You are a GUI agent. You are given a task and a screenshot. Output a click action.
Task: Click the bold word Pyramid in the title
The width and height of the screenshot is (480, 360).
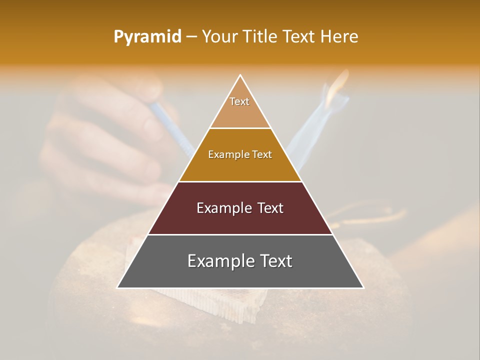pyautogui.click(x=147, y=36)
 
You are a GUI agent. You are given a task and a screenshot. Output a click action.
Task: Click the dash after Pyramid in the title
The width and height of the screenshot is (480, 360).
pyautogui.click(x=191, y=37)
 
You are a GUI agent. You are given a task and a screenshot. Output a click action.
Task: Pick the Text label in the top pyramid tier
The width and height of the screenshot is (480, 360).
pyautogui.click(x=239, y=101)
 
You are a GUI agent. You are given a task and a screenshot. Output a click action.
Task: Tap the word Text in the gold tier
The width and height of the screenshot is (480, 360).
pyautogui.click(x=262, y=154)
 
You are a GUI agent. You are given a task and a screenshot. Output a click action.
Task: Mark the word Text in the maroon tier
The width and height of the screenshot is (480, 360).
pyautogui.click(x=270, y=208)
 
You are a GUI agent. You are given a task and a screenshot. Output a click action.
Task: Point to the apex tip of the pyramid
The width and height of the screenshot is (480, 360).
pyautogui.click(x=240, y=75)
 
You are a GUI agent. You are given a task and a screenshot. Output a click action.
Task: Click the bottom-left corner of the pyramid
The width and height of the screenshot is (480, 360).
pyautogui.click(x=117, y=287)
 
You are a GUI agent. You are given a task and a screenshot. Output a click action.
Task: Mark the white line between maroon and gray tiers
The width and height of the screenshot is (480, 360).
pyautogui.click(x=240, y=234)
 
